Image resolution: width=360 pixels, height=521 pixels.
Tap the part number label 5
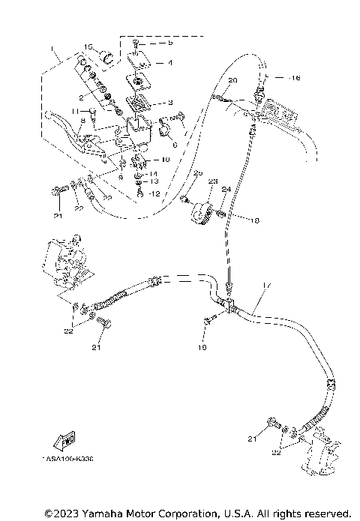[169, 43]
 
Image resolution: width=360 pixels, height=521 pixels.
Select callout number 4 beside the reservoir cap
[169, 64]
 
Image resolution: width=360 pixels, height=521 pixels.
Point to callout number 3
[169, 103]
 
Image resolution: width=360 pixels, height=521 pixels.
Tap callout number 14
[154, 173]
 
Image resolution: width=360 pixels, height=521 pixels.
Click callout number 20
[232, 79]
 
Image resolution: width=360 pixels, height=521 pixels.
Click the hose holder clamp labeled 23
[199, 211]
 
